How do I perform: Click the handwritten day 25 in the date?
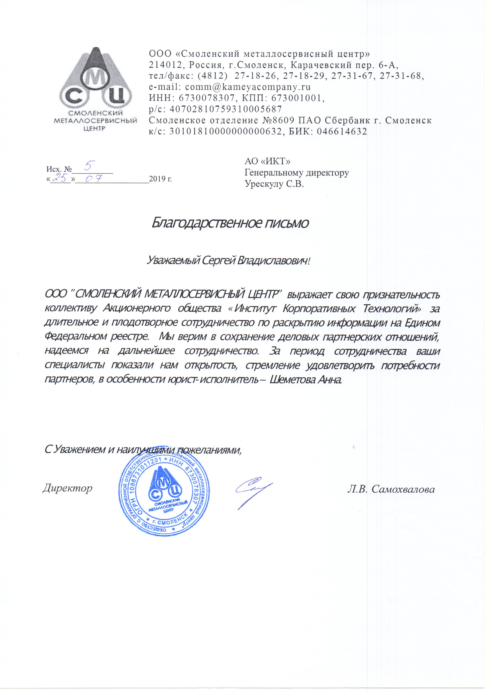(x=61, y=179)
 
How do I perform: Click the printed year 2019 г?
(x=160, y=179)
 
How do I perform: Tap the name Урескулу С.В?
(x=274, y=184)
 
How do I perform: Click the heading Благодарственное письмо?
(x=230, y=223)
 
